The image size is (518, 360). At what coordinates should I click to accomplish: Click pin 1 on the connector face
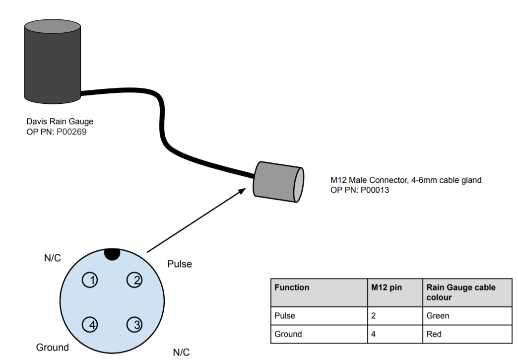(91, 281)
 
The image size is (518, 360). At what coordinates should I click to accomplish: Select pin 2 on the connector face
(134, 281)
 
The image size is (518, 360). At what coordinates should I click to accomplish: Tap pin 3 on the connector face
(134, 325)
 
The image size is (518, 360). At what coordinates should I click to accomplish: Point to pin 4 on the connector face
(91, 325)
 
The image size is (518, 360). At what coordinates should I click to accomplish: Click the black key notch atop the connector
(112, 254)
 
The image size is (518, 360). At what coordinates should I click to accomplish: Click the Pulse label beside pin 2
(180, 264)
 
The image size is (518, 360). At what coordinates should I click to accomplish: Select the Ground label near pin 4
(52, 348)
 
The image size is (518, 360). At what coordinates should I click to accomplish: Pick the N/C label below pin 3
(181, 353)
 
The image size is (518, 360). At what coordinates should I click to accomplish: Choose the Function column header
(292, 288)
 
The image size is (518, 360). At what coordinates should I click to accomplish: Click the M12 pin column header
(387, 288)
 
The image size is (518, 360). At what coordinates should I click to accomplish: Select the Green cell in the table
(438, 316)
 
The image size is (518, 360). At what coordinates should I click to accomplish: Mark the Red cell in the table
(434, 334)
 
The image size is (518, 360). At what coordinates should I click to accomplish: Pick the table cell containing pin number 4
(374, 334)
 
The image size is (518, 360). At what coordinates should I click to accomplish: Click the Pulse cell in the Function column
(285, 316)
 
